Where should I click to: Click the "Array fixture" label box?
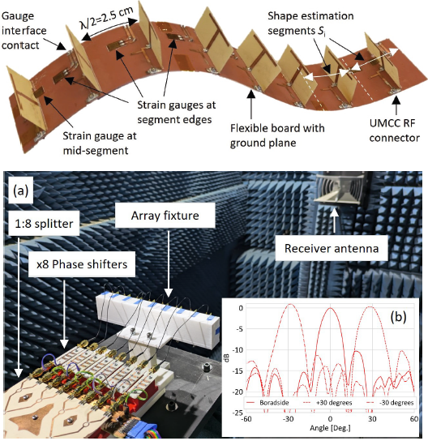coord(165,216)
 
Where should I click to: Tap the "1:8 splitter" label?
coord(44,224)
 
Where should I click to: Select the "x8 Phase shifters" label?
coord(82,264)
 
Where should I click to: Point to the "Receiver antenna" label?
coord(332,248)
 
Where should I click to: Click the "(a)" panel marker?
coord(21,191)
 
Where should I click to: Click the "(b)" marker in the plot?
coord(399,317)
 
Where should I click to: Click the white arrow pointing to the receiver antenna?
coord(334,220)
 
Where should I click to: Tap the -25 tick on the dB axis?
coord(238,413)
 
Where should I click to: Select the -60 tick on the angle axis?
coord(246,419)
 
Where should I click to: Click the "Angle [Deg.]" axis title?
coord(330,428)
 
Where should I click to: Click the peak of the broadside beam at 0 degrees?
coord(331,308)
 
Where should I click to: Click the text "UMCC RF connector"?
coord(395,131)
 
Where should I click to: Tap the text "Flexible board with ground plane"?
coord(277,135)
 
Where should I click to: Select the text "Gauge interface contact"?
coord(24,30)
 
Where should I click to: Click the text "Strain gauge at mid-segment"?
coord(100,143)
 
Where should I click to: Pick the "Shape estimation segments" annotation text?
coord(310,23)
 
